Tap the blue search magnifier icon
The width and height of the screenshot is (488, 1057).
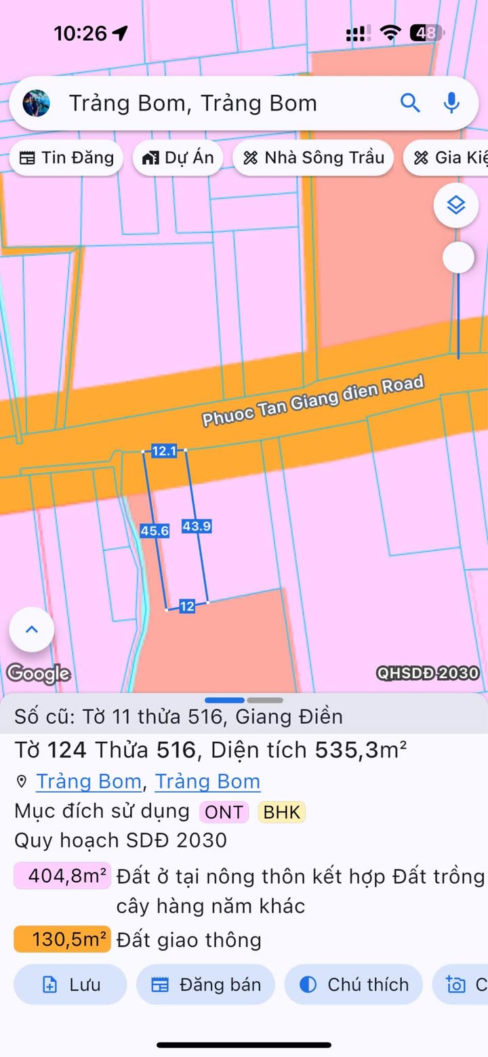coord(410,103)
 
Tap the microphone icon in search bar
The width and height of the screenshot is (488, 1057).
coord(451,103)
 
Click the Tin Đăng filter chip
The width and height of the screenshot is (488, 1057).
coord(66,158)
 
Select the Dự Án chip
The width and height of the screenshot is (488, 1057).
coord(178,158)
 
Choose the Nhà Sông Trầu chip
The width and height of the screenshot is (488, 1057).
coord(313,158)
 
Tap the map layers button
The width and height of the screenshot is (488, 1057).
coord(456,205)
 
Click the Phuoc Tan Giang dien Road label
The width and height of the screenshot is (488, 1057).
coord(313,401)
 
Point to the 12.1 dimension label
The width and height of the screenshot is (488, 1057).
coord(164,451)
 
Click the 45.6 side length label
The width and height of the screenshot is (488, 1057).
coord(155,531)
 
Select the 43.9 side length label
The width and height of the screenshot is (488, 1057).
coord(197,525)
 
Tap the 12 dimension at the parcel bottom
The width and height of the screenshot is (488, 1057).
coord(187,606)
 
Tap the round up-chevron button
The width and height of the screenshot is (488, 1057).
coord(32,629)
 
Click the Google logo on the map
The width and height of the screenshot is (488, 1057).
coord(39,673)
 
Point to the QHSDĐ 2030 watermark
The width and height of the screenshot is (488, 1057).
coord(428,673)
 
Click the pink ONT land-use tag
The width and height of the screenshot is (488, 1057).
coord(224,812)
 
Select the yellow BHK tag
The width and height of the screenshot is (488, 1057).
coord(281,812)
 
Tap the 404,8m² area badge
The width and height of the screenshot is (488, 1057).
coord(62,877)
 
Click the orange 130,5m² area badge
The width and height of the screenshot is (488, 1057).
coord(62,940)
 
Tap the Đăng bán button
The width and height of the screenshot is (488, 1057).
coord(205,985)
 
